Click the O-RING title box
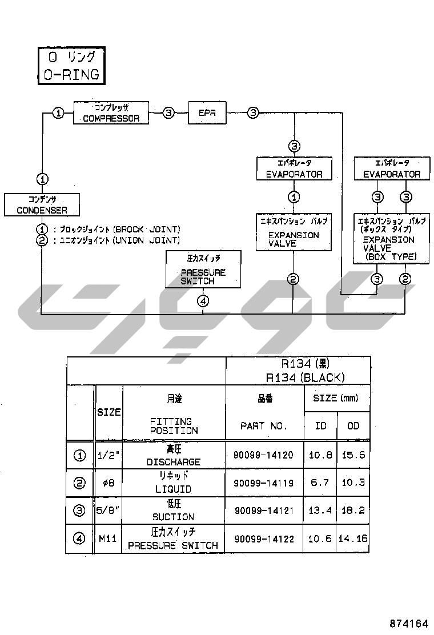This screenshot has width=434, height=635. point(71,66)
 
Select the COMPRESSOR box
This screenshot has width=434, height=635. point(111,112)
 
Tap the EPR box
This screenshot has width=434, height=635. point(207,113)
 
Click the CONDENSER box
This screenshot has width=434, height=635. point(42,204)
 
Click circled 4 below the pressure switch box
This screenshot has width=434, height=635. point(204,302)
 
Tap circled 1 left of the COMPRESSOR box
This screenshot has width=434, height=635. point(58,112)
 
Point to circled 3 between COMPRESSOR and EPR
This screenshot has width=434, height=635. point(168,113)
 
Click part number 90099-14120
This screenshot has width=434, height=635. point(263,455)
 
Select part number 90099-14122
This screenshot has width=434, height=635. point(263,538)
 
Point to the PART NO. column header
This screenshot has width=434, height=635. point(264,426)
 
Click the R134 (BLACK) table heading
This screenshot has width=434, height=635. point(306,377)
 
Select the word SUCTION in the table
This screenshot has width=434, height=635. point(173,517)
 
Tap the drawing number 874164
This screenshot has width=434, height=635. point(409,623)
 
